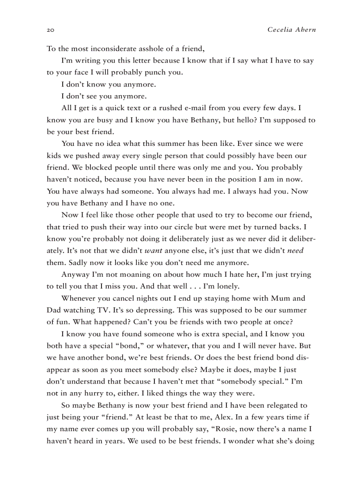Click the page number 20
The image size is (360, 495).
coord(50,30)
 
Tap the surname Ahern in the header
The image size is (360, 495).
coord(305,30)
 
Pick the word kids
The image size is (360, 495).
coord(54,156)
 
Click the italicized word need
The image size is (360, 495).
coord(296,251)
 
